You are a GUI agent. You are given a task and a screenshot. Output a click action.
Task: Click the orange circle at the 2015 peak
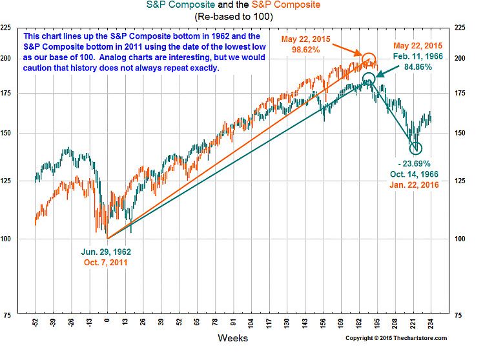tap(368, 60)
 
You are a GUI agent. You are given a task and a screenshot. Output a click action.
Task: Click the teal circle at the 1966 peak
tap(369, 79)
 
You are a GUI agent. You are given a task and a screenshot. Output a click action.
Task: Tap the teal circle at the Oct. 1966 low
tap(415, 148)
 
